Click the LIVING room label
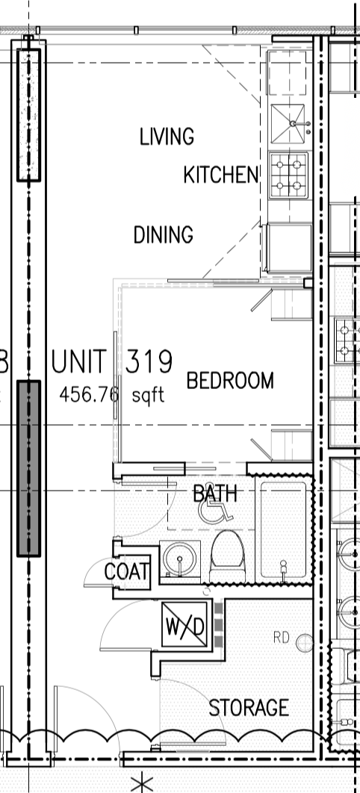click(x=167, y=137)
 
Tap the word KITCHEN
click(x=221, y=175)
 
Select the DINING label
click(x=164, y=234)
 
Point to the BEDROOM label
click(x=230, y=380)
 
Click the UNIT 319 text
click(x=112, y=361)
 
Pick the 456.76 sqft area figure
click(x=112, y=394)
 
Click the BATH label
click(x=215, y=494)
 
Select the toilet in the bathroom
click(x=227, y=556)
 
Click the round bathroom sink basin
click(x=180, y=559)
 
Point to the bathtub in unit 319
click(x=283, y=529)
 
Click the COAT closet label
click(x=126, y=572)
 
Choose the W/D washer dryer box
click(x=184, y=624)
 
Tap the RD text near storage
click(x=281, y=638)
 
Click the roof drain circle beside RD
click(x=305, y=643)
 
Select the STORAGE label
click(x=249, y=708)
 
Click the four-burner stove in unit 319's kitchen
click(x=289, y=175)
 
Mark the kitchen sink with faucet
click(x=288, y=124)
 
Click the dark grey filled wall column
click(x=29, y=468)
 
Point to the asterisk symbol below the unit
click(x=142, y=783)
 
